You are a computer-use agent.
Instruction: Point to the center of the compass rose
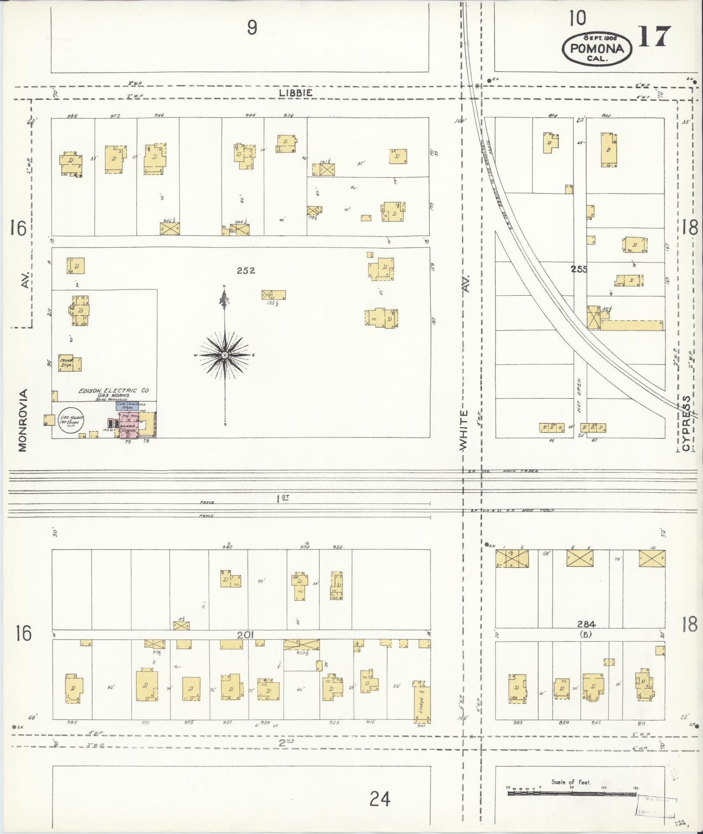(x=224, y=355)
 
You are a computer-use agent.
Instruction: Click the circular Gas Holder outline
(x=71, y=421)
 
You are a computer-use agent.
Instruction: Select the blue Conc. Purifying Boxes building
(x=127, y=405)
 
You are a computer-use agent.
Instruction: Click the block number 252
(x=246, y=271)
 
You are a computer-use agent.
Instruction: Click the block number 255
(x=579, y=269)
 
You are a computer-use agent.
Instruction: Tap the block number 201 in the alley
(x=245, y=635)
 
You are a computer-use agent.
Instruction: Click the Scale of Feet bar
(x=572, y=793)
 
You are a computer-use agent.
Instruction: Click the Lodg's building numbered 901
(x=423, y=704)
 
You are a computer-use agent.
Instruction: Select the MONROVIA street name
(x=23, y=420)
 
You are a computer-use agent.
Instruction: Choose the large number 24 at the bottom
(x=380, y=799)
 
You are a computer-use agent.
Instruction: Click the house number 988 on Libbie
(x=72, y=116)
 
